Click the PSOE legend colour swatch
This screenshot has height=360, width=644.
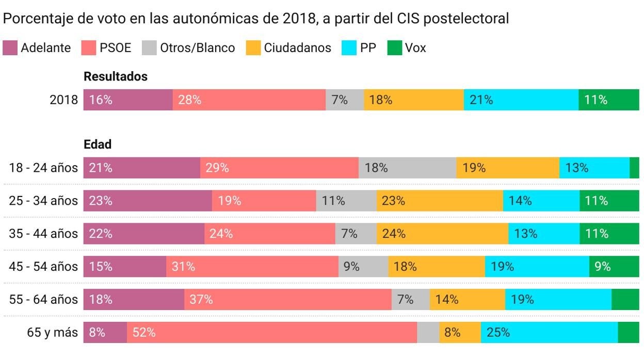(x=89, y=48)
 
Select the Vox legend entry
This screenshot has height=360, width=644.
(x=407, y=48)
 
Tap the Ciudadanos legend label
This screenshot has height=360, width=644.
(x=297, y=48)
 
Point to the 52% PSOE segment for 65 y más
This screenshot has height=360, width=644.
(x=272, y=333)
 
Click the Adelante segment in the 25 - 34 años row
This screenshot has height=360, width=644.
(x=148, y=201)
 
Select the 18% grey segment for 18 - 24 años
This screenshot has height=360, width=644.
(x=407, y=168)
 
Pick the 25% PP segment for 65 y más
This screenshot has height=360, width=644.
(x=549, y=333)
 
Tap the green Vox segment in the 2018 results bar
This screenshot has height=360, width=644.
(x=608, y=100)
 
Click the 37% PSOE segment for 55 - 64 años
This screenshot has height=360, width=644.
(x=287, y=300)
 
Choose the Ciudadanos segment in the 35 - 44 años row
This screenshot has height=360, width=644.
(x=442, y=234)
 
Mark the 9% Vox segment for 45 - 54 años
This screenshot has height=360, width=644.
(x=614, y=267)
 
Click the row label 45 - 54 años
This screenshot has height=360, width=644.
(x=43, y=267)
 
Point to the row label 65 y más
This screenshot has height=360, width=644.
(x=52, y=333)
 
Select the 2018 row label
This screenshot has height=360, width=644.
(x=63, y=100)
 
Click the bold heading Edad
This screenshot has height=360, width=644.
(x=98, y=145)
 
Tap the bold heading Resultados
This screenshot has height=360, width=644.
(x=116, y=77)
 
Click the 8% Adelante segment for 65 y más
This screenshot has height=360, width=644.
(x=105, y=333)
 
